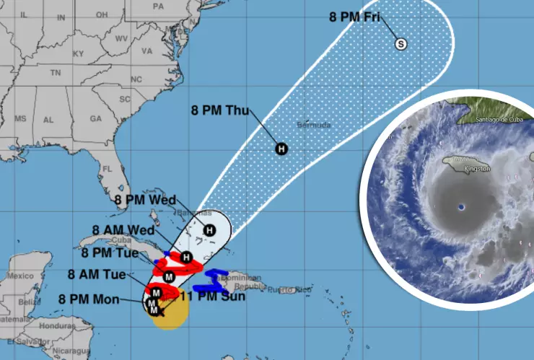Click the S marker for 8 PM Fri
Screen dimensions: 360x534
(x=401, y=45)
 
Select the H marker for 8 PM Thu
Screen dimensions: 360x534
(x=281, y=149)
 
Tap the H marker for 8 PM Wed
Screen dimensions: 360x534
(x=209, y=230)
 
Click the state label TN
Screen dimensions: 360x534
(x=55, y=73)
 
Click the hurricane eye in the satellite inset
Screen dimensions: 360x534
(x=461, y=208)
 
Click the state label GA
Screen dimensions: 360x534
(x=95, y=118)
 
